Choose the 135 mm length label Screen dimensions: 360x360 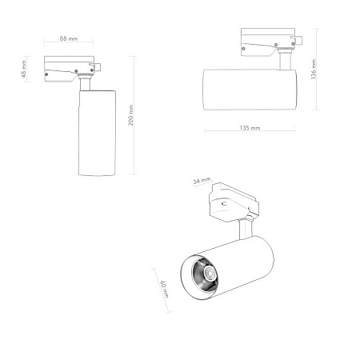coord(250,128)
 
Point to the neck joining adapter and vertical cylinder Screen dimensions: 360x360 coord(86,82)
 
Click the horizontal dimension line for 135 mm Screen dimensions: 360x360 coord(250,132)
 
